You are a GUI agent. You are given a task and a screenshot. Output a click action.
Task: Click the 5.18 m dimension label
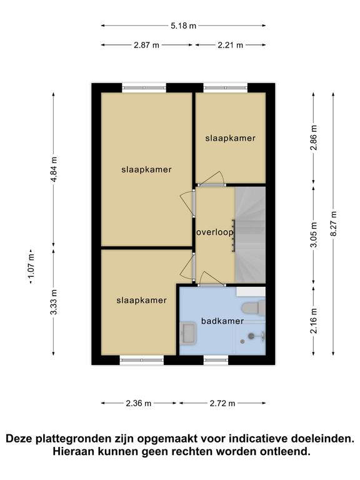point(183,26)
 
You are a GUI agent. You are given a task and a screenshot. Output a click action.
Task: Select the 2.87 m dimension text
point(146,45)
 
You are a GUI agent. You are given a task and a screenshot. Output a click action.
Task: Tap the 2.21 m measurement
point(230,45)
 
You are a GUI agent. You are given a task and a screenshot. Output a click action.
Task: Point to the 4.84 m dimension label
point(54,169)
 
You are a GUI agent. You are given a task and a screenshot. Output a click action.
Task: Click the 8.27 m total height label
point(333,224)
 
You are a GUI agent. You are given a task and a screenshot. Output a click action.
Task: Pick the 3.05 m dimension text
point(314,235)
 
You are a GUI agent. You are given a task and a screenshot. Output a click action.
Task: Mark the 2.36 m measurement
point(138,403)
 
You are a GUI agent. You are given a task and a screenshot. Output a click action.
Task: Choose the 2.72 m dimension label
point(222,403)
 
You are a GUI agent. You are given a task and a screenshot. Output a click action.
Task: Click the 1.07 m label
point(31,267)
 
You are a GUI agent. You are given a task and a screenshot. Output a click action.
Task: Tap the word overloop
point(215,232)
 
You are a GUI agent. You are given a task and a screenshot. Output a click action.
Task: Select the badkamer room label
point(222,321)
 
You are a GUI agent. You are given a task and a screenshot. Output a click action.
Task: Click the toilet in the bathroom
point(254,307)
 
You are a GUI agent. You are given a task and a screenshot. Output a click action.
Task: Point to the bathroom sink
point(187,334)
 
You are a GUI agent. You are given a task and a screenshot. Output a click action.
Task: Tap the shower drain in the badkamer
point(242,341)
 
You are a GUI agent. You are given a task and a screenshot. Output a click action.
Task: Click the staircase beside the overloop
point(250,235)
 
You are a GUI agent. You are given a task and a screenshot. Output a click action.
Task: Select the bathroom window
point(216,360)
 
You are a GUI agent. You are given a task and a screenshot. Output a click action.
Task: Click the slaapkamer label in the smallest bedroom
point(230,138)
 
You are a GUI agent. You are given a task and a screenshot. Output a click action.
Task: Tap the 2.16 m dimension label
point(314,321)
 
